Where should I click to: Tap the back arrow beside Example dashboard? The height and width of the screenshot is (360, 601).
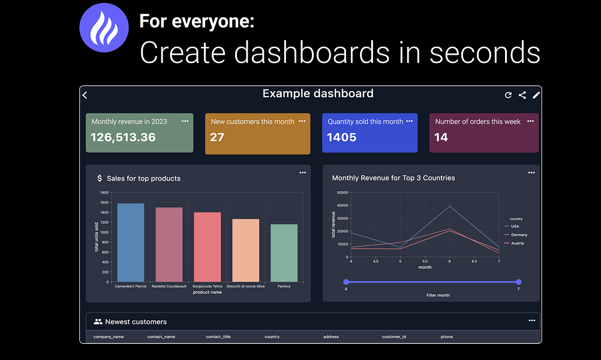tap(85, 95)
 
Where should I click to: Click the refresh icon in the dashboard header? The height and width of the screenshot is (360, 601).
tap(508, 95)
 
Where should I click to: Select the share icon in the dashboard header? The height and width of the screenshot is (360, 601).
tap(522, 95)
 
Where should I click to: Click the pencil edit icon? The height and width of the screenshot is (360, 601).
tap(536, 95)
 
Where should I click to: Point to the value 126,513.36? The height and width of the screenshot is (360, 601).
tap(123, 137)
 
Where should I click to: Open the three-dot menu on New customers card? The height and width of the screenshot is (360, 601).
tap(302, 121)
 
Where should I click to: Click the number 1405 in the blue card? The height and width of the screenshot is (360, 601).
tap(342, 137)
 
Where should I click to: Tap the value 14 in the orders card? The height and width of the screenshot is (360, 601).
tap(441, 137)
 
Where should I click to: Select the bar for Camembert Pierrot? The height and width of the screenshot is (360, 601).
tap(131, 242)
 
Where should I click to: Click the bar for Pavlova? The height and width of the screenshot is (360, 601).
tap(284, 253)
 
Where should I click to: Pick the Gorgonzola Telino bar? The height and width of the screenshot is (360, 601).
tap(208, 247)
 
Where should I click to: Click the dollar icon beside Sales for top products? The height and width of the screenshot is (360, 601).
tap(100, 178)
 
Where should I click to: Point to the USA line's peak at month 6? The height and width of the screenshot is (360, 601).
tap(449, 206)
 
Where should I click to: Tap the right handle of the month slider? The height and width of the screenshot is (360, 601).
tap(518, 282)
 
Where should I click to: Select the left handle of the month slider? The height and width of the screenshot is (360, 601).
tap(346, 282)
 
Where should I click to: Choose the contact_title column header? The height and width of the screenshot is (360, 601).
tap(218, 337)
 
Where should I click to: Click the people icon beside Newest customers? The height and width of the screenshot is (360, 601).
tap(98, 322)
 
